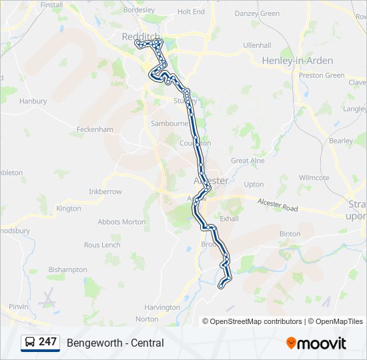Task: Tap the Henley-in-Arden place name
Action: pos(288,61)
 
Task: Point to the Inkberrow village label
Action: pos(105,191)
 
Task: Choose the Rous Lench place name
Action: pos(102,245)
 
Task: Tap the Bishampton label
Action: pos(68,270)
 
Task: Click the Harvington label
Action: pos(162,307)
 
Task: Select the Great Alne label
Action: pos(248,161)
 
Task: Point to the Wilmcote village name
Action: pos(314,178)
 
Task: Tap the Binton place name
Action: pos(290,234)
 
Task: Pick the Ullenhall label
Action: pos(257,45)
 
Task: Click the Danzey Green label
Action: pos(258,13)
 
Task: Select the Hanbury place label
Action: pos(33,101)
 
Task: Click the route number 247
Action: pos(47,342)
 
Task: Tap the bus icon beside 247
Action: pos(30,343)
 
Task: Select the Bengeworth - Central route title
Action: pos(115,343)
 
